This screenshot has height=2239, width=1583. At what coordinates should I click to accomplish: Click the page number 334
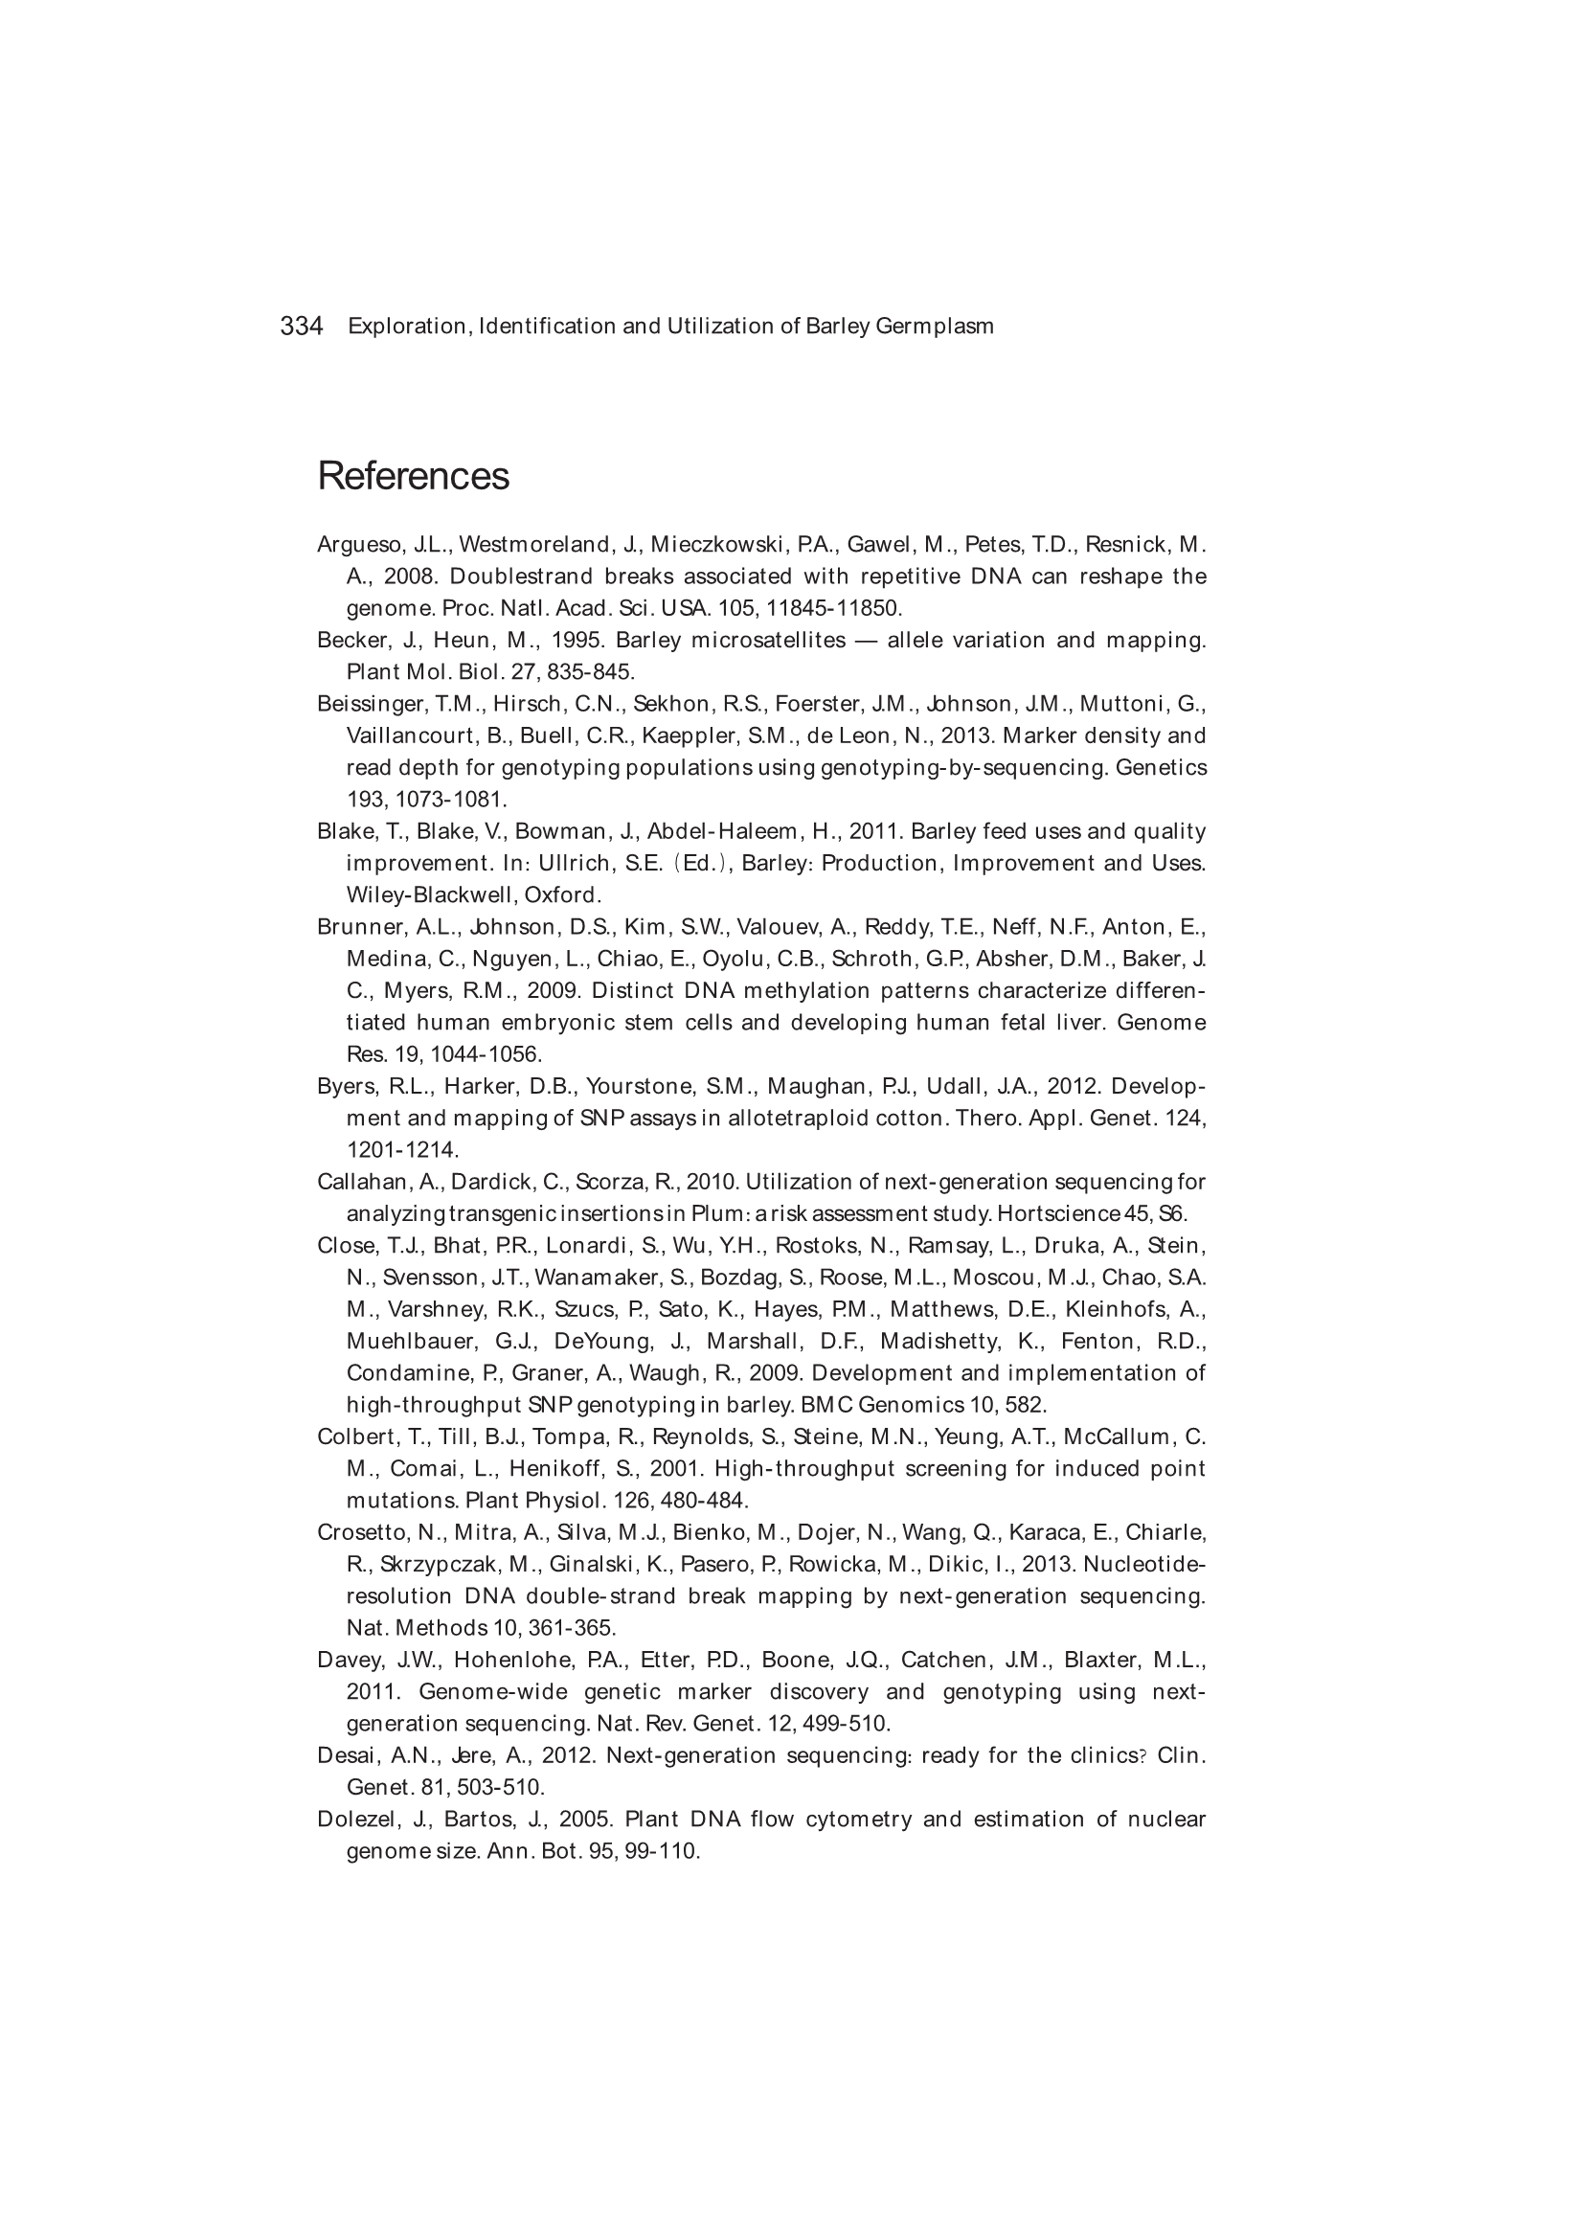pyautogui.click(x=302, y=326)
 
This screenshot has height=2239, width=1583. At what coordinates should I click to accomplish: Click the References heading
pyautogui.click(x=413, y=476)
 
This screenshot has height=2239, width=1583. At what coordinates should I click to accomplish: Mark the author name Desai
pyautogui.click(x=344, y=1755)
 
